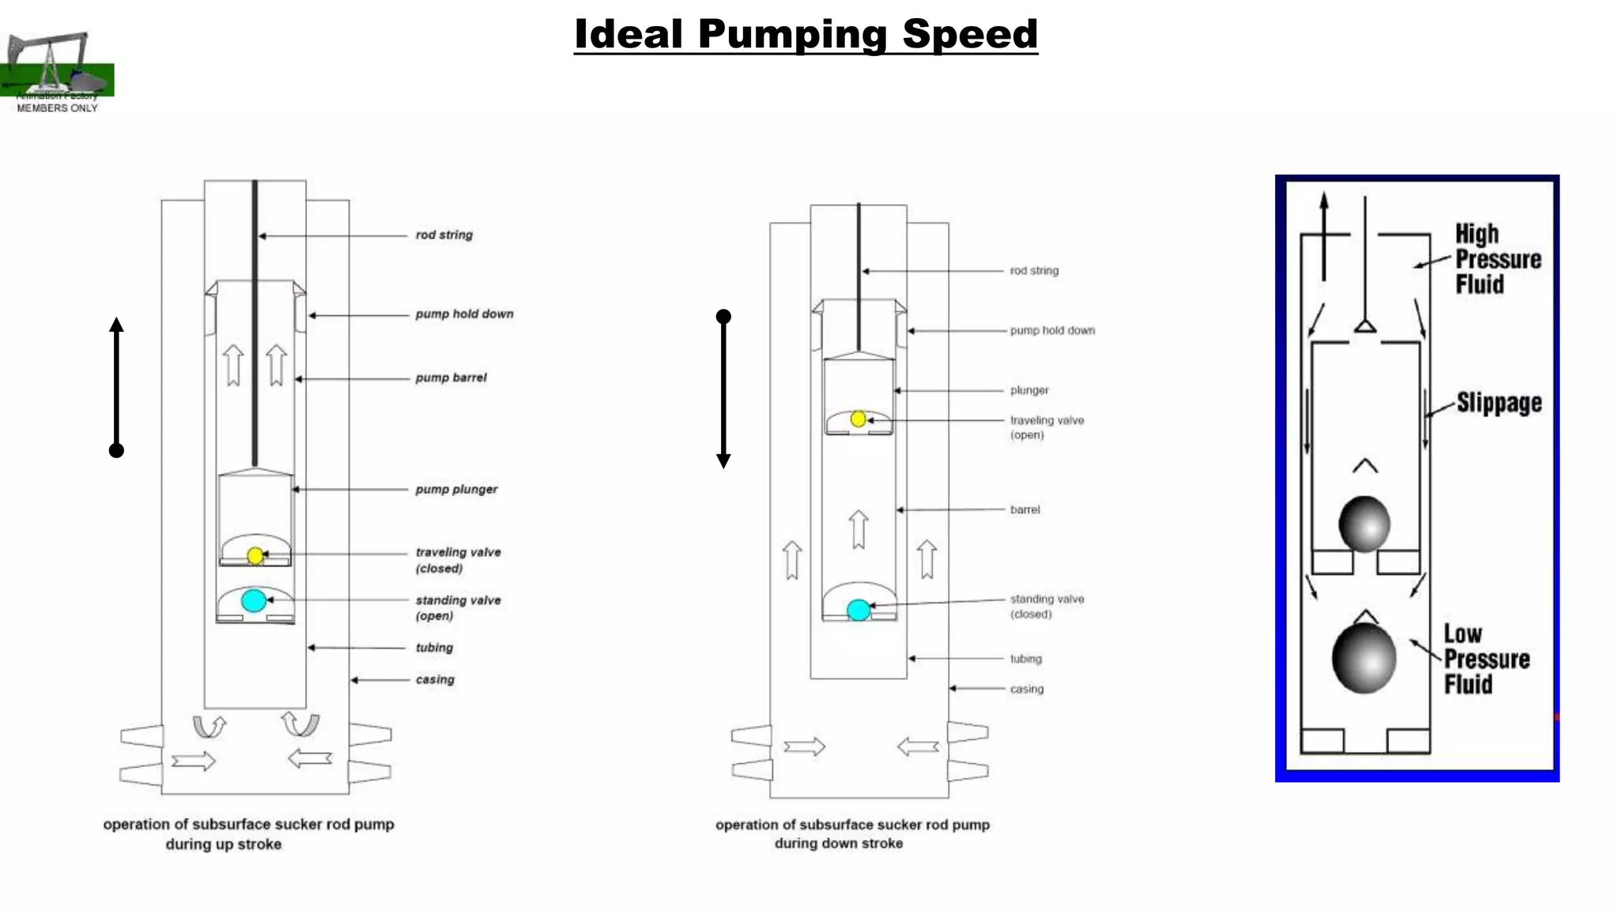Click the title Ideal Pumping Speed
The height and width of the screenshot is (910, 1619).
(x=806, y=35)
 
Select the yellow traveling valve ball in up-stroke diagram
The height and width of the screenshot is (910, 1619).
(x=255, y=556)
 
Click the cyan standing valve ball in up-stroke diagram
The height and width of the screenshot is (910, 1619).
(x=254, y=600)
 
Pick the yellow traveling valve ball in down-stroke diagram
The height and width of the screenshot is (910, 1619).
(x=859, y=419)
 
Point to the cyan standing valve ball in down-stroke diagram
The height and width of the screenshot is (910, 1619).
(x=859, y=610)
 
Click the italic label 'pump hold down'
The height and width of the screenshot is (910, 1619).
(x=464, y=314)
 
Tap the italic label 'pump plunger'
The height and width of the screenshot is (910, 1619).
(x=456, y=490)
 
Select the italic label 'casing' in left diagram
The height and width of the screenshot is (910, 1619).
(x=435, y=679)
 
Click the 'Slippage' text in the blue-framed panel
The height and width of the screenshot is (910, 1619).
(x=1499, y=403)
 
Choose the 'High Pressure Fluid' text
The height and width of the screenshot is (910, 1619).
(x=1497, y=259)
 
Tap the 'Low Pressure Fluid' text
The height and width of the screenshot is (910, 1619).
(x=1485, y=659)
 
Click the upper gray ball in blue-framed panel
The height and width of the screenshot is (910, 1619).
(x=1364, y=524)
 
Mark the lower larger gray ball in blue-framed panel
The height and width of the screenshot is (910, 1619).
(x=1364, y=658)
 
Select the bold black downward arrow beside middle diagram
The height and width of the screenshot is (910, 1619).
(x=723, y=391)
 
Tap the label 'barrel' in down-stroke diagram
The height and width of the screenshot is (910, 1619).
(x=1025, y=510)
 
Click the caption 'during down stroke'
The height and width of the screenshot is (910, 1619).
(x=838, y=844)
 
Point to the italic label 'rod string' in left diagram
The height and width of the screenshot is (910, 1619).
(x=443, y=235)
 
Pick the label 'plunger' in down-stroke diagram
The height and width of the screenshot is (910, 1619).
(x=1029, y=390)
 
